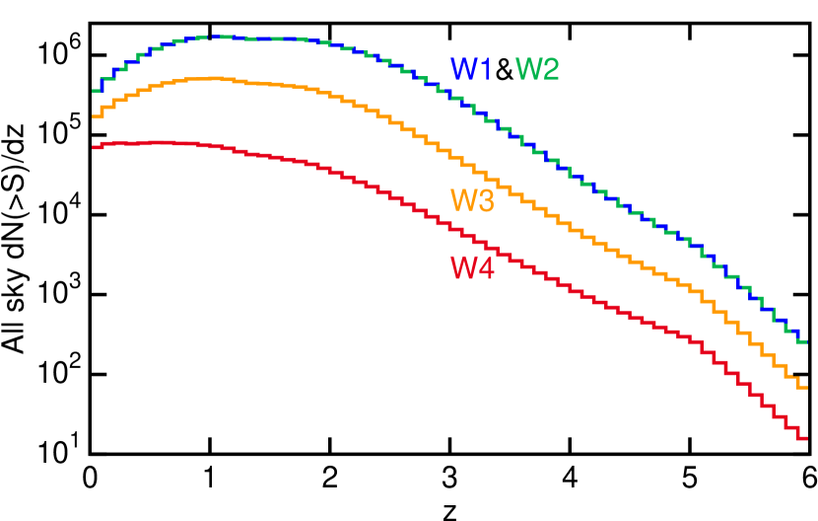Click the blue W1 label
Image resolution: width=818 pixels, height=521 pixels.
pyautogui.click(x=470, y=70)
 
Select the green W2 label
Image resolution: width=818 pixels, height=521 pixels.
pyautogui.click(x=537, y=70)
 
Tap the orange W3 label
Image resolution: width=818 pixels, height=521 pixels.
pyautogui.click(x=472, y=200)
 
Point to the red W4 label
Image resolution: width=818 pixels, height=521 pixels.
pyautogui.click(x=472, y=268)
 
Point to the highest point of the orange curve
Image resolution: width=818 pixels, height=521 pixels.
pyautogui.click(x=215, y=78)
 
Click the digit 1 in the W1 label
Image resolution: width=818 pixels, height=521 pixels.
pyautogui.click(x=484, y=70)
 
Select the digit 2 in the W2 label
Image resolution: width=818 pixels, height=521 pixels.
pyautogui.click(x=550, y=70)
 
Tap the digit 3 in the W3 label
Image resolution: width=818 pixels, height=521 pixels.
pyautogui.click(x=485, y=200)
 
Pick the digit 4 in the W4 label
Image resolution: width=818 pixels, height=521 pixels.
pyautogui.click(x=485, y=268)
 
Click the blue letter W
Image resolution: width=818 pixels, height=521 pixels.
pyautogui.click(x=463, y=70)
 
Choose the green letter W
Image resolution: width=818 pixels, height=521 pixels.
pyautogui.click(x=529, y=70)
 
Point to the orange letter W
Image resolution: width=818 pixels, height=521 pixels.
pyautogui.click(x=463, y=200)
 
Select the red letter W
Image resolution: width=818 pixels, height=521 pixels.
pyautogui.click(x=463, y=268)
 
